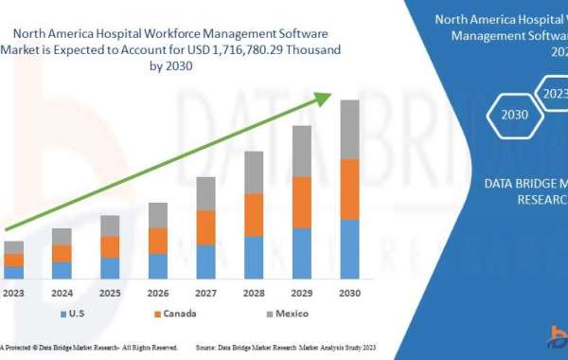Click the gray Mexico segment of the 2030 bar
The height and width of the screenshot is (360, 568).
click(350, 129)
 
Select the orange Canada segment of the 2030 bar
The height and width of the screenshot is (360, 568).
click(350, 189)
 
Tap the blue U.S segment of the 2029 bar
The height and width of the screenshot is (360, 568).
click(302, 253)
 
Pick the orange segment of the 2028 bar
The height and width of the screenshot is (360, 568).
click(254, 214)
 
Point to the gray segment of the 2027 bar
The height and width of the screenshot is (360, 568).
click(205, 193)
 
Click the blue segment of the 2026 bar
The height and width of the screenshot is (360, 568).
click(157, 266)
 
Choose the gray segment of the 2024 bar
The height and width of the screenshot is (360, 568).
click(62, 236)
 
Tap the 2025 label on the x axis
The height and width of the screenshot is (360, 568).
click(110, 293)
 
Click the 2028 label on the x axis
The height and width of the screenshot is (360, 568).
click(254, 293)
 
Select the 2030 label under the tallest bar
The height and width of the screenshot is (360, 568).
click(350, 293)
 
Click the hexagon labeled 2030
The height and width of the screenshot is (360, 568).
click(515, 115)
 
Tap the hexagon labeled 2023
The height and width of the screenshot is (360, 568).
click(554, 93)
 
